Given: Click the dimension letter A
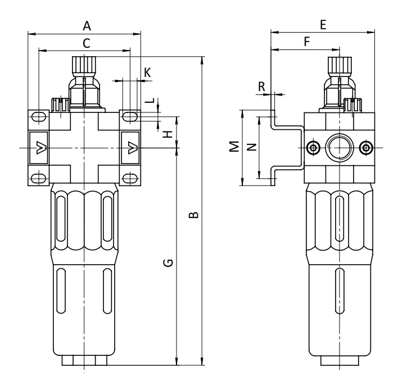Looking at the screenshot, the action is pos(87,26).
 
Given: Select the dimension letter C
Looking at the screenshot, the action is pos(87,43).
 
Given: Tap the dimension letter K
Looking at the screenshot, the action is pos(147,73).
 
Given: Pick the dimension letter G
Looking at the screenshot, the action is pos(168,263).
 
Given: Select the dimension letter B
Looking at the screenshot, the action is pos(193,215).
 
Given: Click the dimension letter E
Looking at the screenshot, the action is pos(323,25).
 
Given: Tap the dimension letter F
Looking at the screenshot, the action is pos(307,42).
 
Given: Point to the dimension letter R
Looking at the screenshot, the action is pos(261,87).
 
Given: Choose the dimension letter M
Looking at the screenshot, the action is pos(234,146).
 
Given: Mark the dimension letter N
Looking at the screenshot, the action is pos(251,147).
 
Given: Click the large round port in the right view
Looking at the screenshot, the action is pos(340,147).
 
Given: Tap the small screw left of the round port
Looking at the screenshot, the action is pos(313,148).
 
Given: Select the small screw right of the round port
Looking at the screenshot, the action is pos(366,148).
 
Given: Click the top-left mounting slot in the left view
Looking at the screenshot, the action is pos(39,117).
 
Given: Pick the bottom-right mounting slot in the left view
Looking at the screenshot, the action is pos(129,179).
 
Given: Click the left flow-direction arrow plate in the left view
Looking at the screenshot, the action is pos(39,148).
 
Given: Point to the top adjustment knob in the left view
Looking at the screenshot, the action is pos(84,66).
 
